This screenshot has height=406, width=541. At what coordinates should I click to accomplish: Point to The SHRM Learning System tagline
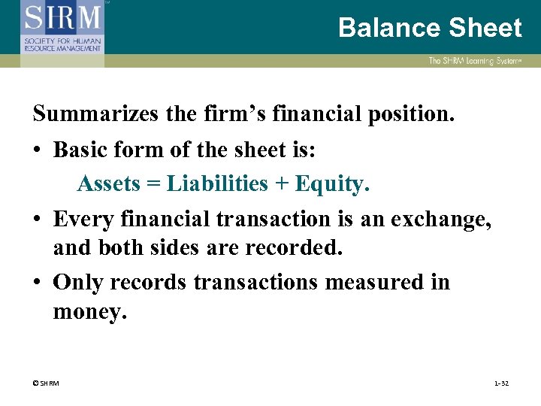475,61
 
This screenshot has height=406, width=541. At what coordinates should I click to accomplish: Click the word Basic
80,150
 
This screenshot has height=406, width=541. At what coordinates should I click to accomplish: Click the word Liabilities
217,183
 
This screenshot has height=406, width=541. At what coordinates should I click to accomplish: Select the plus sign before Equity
282,184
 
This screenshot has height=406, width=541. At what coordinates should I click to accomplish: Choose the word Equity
331,184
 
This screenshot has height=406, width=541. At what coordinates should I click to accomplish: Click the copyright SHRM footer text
47,384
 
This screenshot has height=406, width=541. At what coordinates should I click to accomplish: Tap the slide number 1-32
501,384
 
